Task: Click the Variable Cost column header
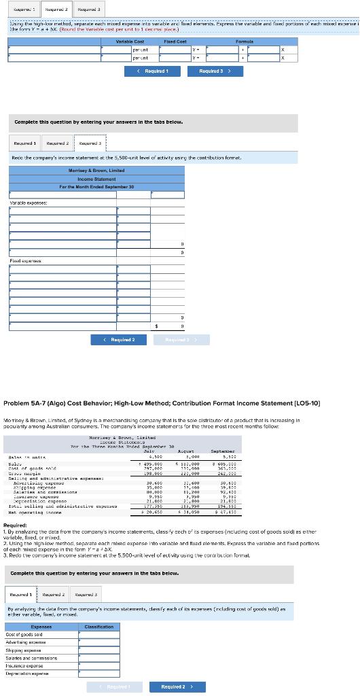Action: (x=129, y=41)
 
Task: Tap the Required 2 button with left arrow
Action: (x=120, y=339)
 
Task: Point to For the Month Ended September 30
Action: (x=96, y=186)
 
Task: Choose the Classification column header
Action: (x=98, y=626)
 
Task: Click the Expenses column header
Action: (x=42, y=626)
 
